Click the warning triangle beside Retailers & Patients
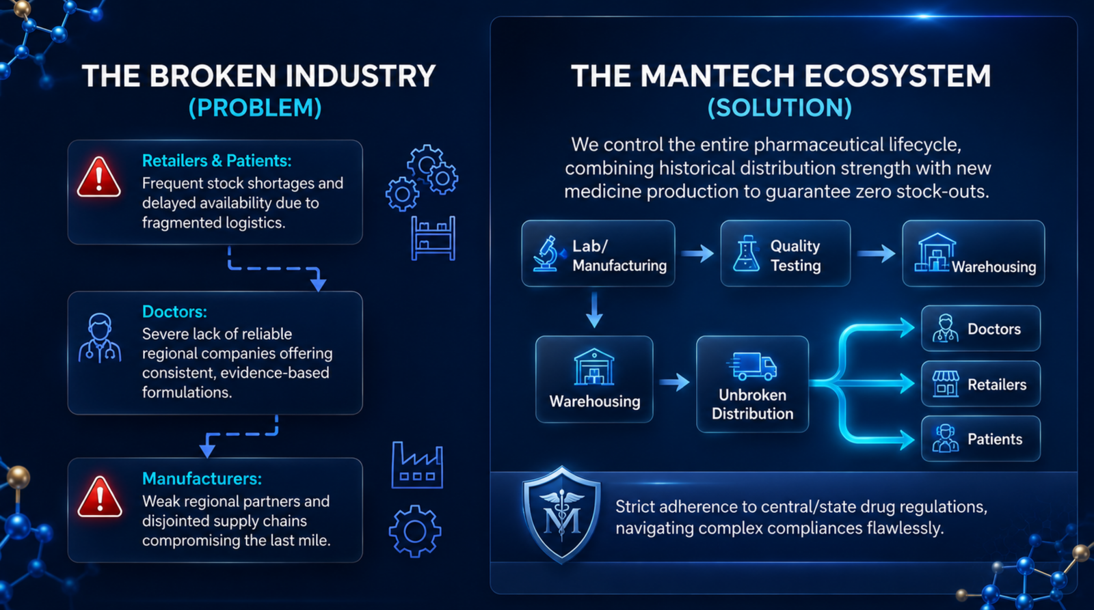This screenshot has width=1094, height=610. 98,178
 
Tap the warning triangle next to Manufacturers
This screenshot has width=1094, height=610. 100,497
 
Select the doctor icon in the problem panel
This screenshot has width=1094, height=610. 100,337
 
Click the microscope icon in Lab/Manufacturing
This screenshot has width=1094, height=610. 548,253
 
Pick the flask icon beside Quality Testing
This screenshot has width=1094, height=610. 746,253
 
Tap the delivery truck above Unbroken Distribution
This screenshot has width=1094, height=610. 752,366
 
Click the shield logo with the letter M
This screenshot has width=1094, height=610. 561,515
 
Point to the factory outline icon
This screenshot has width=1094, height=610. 417,465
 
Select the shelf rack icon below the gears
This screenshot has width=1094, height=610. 433,238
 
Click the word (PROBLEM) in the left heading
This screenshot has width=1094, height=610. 255,108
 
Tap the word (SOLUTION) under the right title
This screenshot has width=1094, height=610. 779,108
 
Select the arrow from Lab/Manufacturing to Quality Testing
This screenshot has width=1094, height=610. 697,253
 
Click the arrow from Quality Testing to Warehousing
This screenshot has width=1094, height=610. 877,253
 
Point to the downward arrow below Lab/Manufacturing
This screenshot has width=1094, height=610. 594,310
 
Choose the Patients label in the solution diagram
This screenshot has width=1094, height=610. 995,439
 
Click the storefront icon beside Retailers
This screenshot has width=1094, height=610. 946,384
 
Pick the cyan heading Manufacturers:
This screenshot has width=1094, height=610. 202,479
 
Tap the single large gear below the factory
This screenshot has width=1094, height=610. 415,531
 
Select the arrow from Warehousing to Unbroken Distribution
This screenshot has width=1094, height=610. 674,382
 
